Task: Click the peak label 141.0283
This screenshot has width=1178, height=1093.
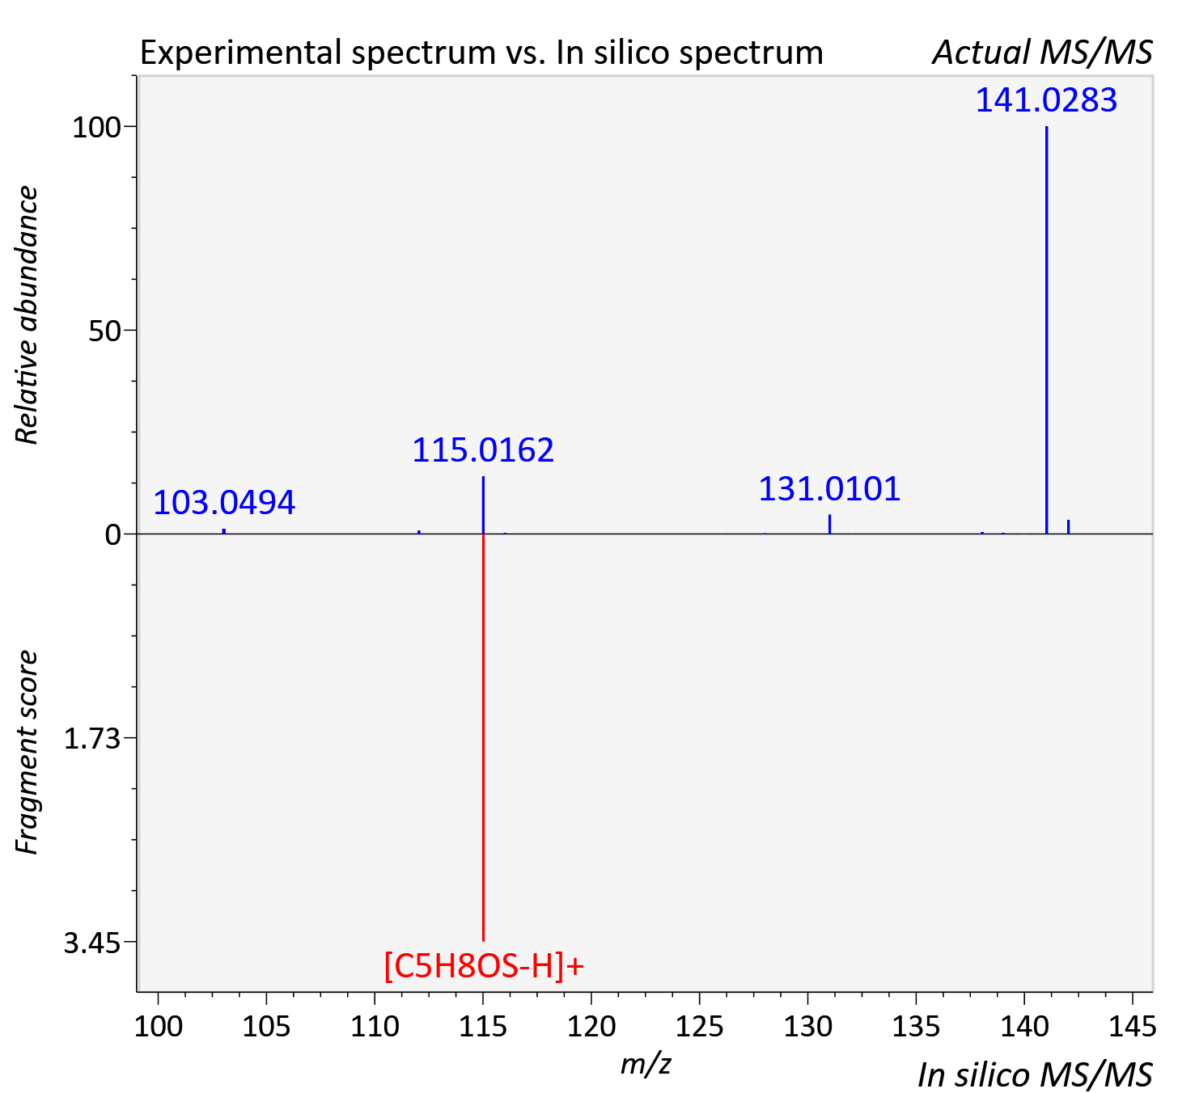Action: (1046, 99)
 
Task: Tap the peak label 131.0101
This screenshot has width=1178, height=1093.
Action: (829, 489)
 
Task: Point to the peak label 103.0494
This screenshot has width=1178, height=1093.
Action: (223, 502)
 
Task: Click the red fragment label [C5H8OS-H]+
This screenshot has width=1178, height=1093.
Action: (484, 965)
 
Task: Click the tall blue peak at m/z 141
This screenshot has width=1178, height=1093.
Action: (1046, 330)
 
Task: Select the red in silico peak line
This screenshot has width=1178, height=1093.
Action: (484, 737)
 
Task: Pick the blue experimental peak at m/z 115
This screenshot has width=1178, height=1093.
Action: (484, 505)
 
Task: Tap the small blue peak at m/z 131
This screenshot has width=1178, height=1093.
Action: (830, 524)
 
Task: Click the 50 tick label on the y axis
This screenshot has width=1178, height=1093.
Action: (104, 331)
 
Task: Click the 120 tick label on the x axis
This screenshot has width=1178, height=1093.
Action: (591, 1026)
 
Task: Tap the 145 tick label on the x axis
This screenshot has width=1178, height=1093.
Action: (1133, 1026)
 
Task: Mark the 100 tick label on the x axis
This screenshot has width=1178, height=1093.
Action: (159, 1026)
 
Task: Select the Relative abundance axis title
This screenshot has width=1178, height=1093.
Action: (26, 314)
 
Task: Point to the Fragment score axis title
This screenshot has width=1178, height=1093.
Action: (26, 753)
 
